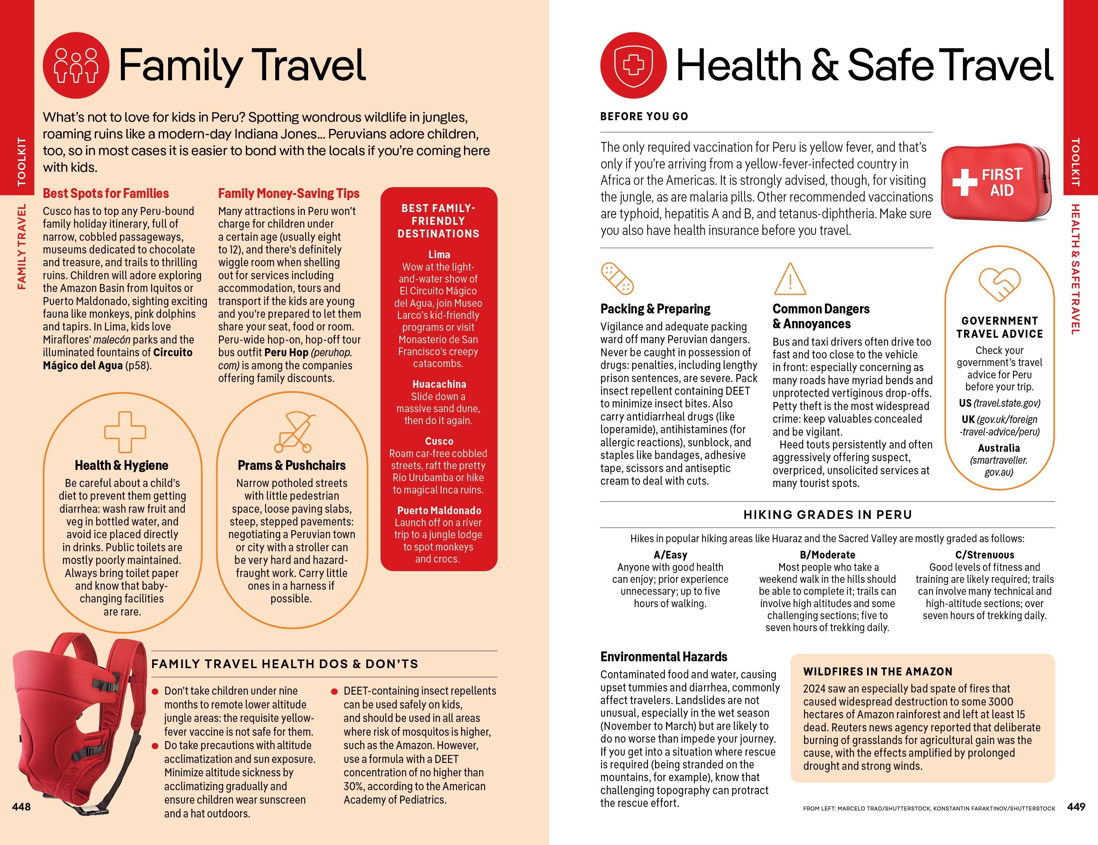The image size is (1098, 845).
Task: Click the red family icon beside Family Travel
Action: (76, 65)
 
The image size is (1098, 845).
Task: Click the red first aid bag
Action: (996, 183)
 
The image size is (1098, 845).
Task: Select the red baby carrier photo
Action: (76, 719)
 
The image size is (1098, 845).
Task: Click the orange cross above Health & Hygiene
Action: (125, 432)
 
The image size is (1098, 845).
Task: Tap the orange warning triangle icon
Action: (789, 280)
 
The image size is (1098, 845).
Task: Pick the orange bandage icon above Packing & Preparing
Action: (617, 278)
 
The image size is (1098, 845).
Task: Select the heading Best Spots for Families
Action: (106, 194)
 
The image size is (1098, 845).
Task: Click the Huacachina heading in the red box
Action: (439, 384)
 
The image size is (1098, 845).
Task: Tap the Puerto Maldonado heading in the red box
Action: (439, 510)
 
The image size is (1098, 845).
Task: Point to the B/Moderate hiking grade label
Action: (827, 555)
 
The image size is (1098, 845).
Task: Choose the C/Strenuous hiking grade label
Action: (984, 555)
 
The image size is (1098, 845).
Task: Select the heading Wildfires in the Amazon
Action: (877, 671)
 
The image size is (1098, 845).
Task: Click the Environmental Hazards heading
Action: (664, 657)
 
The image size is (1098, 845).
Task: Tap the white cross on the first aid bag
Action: (964, 182)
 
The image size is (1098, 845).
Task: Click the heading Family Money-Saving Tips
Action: (289, 194)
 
